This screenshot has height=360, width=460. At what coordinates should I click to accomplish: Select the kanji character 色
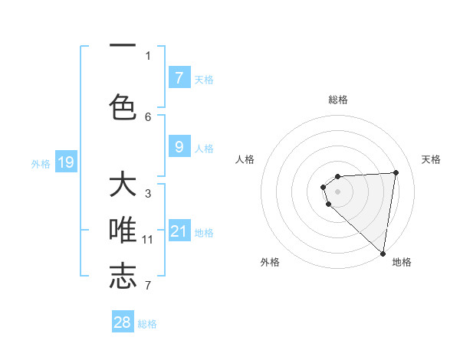click(123, 106)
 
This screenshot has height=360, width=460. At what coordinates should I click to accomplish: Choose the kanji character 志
click(123, 276)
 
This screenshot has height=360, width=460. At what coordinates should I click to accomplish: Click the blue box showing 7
click(179, 78)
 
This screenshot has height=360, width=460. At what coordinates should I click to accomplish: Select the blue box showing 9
click(179, 148)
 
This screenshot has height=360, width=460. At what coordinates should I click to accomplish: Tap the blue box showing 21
click(179, 231)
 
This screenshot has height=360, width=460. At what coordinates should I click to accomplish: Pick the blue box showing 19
click(66, 162)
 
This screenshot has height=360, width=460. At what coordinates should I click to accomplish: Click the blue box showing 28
click(123, 322)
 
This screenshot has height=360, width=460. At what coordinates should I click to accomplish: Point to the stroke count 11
click(148, 240)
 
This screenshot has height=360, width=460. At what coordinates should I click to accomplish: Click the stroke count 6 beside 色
click(148, 116)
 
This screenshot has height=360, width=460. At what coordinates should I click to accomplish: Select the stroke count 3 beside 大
click(148, 194)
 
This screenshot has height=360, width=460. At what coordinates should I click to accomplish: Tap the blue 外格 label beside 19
click(41, 163)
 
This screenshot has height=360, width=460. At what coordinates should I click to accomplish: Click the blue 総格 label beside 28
click(147, 324)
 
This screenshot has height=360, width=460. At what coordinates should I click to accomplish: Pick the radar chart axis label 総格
click(338, 100)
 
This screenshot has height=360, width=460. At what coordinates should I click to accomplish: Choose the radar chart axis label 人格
click(245, 159)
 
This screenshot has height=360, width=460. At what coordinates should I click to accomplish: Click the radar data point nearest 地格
click(383, 253)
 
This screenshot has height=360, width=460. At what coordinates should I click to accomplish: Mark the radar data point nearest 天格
click(396, 172)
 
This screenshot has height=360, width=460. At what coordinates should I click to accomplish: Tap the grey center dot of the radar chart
click(337, 191)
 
